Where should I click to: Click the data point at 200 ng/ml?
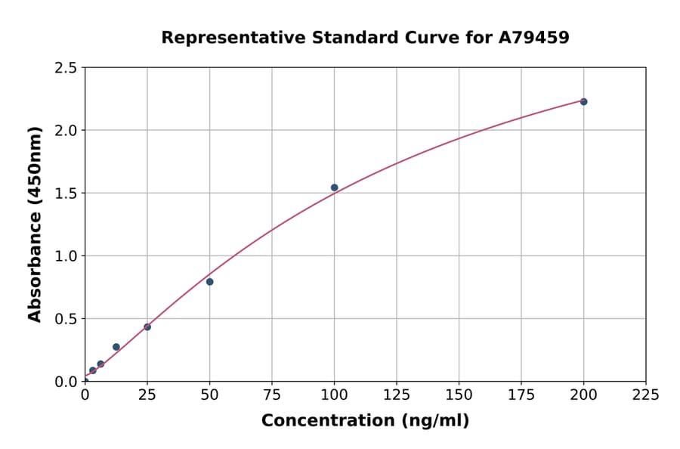click(583, 101)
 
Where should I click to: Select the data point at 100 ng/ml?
click(334, 187)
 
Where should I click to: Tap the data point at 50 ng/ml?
click(209, 282)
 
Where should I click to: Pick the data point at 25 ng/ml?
click(147, 327)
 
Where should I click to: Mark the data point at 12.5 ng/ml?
click(116, 347)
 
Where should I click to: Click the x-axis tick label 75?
click(272, 395)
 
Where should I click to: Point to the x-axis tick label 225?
click(645, 395)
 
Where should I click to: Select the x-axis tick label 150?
click(459, 395)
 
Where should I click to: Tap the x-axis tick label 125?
click(397, 395)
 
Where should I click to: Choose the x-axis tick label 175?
click(521, 395)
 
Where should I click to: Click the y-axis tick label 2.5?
click(66, 68)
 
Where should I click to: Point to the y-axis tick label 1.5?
click(66, 194)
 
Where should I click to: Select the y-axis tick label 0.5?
click(66, 319)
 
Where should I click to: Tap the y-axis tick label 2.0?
click(66, 131)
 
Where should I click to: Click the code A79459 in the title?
click(533, 37)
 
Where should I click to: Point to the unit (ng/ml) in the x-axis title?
click(434, 420)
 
